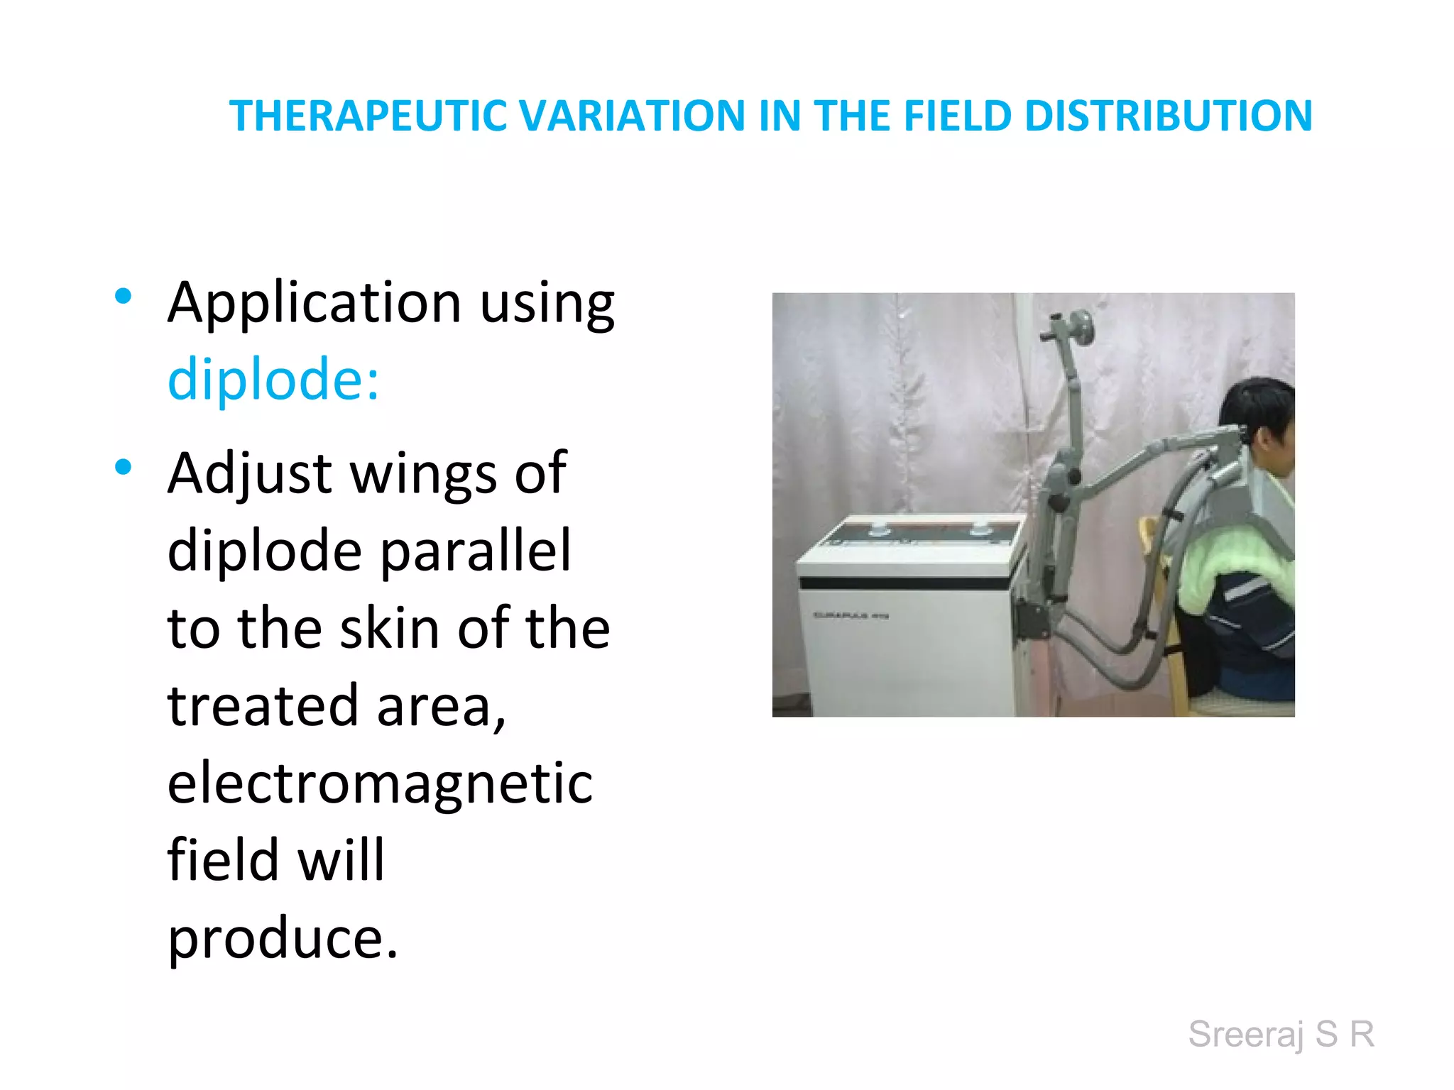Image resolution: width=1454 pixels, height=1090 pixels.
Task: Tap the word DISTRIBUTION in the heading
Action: (x=1168, y=116)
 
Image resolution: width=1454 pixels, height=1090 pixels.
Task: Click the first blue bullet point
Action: (x=124, y=296)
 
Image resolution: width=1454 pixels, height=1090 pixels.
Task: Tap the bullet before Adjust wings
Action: (x=124, y=467)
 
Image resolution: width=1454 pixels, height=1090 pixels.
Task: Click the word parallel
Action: (x=476, y=551)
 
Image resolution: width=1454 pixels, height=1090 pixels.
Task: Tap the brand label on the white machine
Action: (x=850, y=615)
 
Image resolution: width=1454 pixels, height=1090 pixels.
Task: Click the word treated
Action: (x=263, y=706)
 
